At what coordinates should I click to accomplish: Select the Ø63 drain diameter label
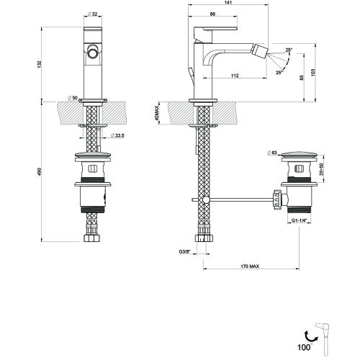(x=271, y=153)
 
